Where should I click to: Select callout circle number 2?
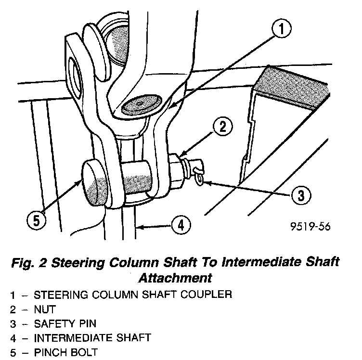tap(223, 127)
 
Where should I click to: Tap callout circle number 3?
tap(299, 195)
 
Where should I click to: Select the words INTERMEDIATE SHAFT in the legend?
tap(92, 337)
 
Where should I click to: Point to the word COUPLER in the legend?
tap(205, 294)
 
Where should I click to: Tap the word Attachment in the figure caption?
tap(175, 278)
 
